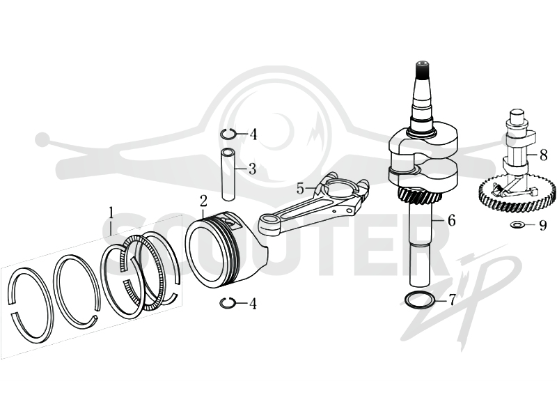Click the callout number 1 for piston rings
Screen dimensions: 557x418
pyautogui.click(x=111, y=213)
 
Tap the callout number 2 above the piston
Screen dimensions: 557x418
pyautogui.click(x=203, y=201)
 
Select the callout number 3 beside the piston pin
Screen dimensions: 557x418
pyautogui.click(x=252, y=169)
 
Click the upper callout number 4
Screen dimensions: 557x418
pyautogui.click(x=253, y=134)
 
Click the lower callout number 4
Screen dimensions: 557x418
pyautogui.click(x=253, y=304)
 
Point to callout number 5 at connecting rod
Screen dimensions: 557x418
pyautogui.click(x=301, y=188)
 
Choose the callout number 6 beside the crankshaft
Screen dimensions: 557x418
pyautogui.click(x=451, y=221)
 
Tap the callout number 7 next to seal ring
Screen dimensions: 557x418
pyautogui.click(x=451, y=300)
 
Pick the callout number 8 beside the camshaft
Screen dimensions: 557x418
pyautogui.click(x=543, y=155)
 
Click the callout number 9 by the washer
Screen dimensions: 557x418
pyautogui.click(x=542, y=225)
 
